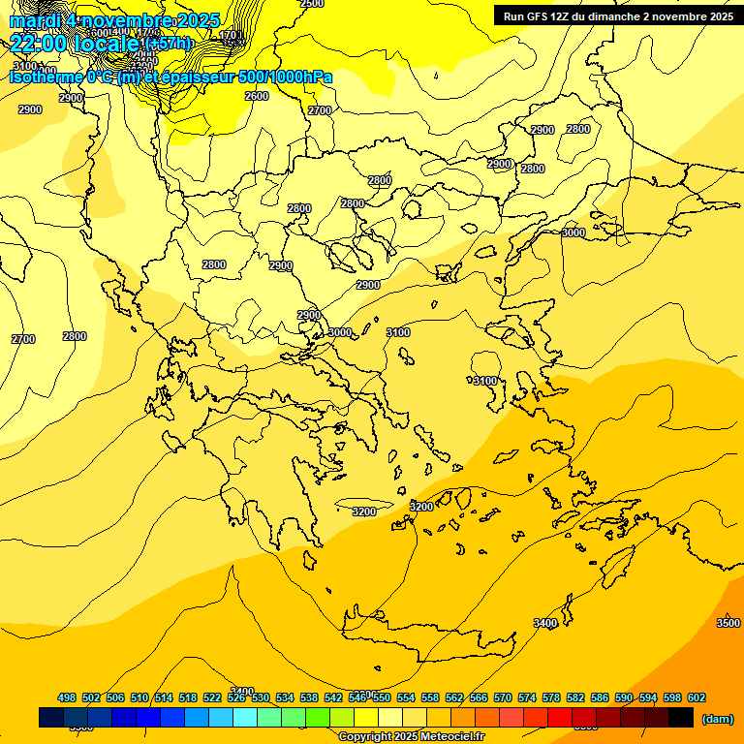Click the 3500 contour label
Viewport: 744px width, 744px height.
coord(728,623)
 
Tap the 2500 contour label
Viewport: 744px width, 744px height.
coord(312,4)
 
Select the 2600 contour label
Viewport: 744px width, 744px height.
coord(257,96)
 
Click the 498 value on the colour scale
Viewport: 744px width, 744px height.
coord(67,697)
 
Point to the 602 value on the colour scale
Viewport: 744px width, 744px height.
coord(697,697)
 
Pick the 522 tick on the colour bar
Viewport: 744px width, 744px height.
coord(212,697)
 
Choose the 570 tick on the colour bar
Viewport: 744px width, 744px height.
coord(503,697)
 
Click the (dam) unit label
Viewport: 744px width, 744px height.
coord(717,719)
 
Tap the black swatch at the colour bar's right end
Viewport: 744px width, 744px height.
coord(681,718)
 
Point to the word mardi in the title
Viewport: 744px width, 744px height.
coord(33,20)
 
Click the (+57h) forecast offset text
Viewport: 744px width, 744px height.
coord(168,44)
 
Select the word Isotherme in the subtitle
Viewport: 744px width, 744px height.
coord(46,77)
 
